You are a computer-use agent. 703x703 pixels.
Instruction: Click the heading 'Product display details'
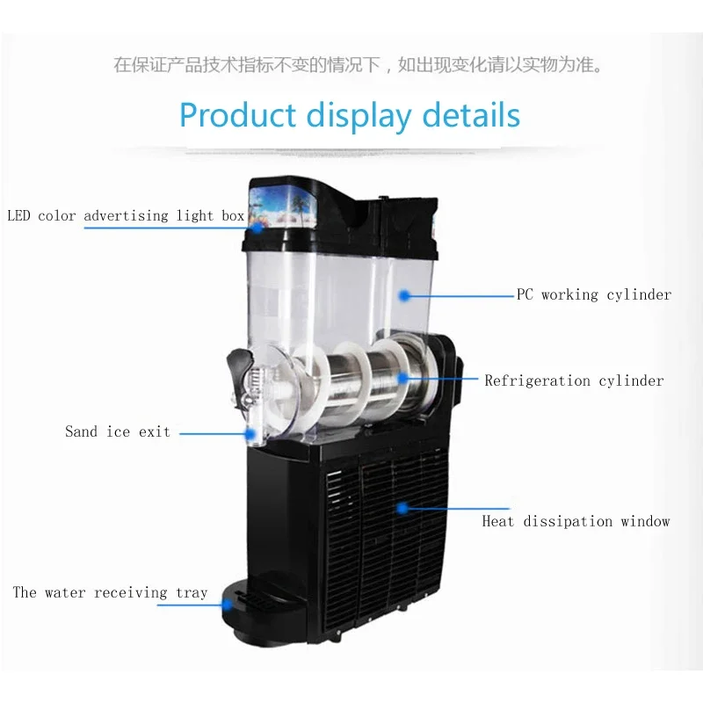pos(350,115)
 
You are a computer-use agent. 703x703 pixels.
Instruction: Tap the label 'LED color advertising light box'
pos(126,215)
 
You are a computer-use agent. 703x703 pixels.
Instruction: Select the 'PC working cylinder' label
pos(594,294)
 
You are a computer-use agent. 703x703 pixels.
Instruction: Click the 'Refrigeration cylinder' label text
pos(574,380)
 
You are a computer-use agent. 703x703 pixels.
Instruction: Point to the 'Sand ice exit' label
pos(118,431)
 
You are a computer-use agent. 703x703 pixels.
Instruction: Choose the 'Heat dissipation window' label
pos(576,521)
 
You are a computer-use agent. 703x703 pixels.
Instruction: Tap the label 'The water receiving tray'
pos(110,592)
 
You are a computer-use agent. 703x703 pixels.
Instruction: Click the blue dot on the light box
pos(257,227)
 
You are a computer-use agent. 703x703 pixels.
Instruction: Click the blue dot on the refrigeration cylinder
pos(402,380)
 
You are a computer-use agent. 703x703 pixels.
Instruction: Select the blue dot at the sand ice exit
pos(250,432)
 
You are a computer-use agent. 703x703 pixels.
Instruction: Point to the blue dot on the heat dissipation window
pos(402,507)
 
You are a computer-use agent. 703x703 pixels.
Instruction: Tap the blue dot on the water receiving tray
pos(228,604)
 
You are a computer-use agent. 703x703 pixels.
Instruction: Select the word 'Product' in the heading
pos(238,115)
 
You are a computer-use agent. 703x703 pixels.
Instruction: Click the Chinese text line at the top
pos(359,65)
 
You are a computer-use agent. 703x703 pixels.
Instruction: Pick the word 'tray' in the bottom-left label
pos(192,592)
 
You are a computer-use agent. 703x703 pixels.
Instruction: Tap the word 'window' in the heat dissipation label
pos(645,521)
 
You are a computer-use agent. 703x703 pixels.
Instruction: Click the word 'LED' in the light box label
pos(20,215)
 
